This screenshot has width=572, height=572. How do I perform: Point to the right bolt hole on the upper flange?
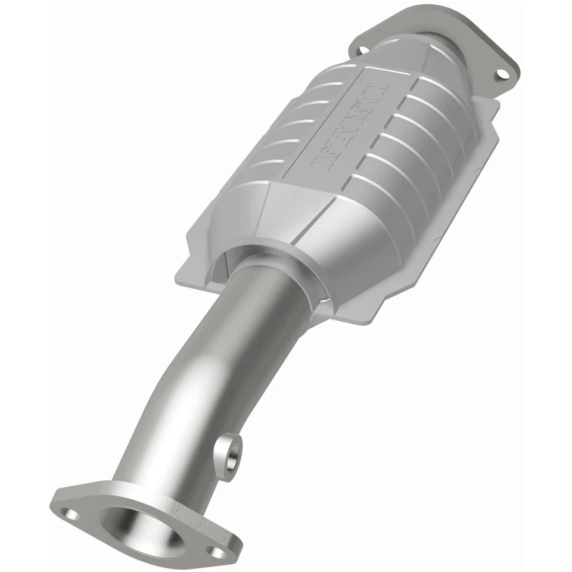click(502, 74)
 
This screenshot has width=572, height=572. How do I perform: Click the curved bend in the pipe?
click(179, 381)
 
